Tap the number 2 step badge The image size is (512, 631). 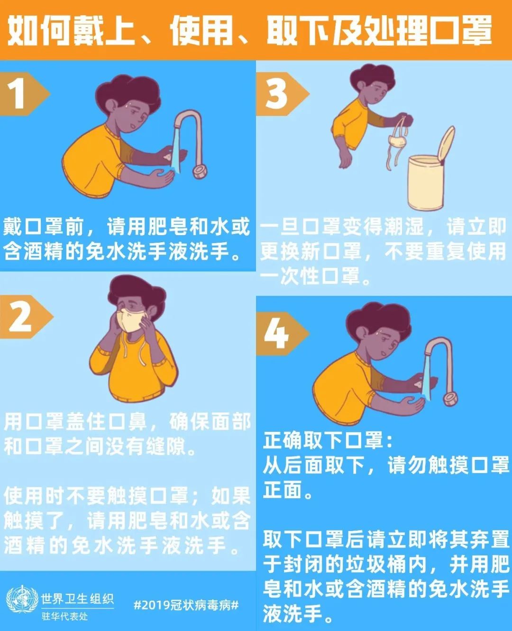21,316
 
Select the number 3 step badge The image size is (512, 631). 277,94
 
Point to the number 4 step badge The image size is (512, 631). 277,333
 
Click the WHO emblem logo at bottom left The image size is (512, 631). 22,600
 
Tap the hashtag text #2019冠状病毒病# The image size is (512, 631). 186,605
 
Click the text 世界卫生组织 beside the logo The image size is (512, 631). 77,598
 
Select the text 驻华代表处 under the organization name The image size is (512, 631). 64,616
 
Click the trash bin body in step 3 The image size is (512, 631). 425,183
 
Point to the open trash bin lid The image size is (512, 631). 446,145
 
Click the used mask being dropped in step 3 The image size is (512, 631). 397,141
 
